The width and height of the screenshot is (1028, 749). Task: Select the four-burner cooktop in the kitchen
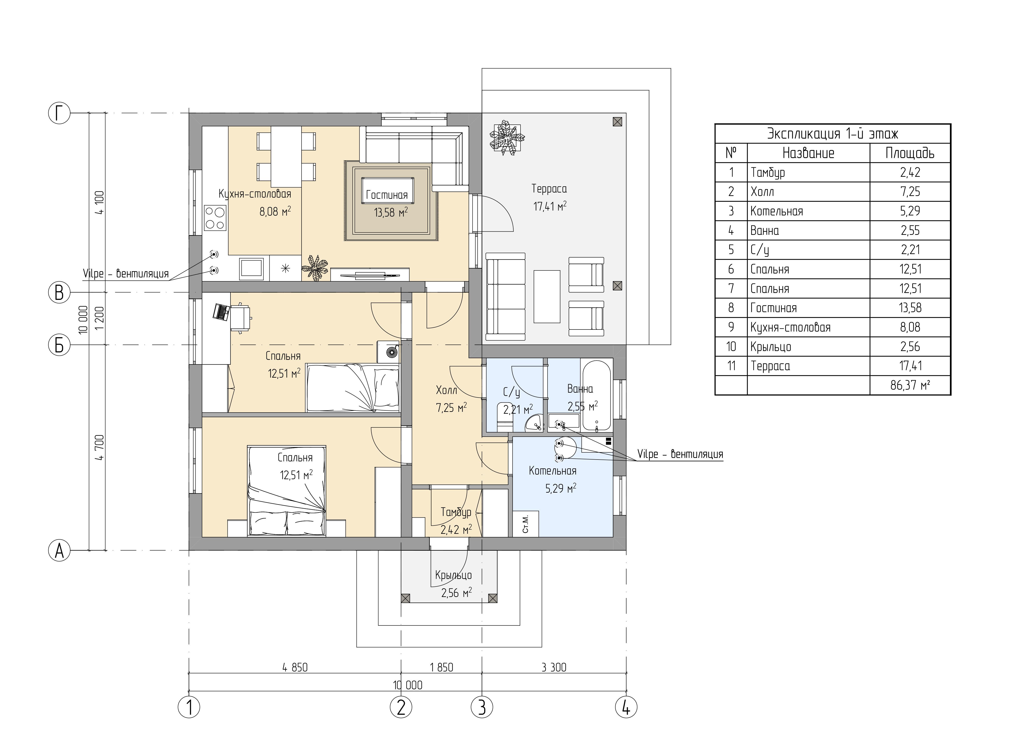[215, 218]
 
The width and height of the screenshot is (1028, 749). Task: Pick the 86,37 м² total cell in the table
[910, 385]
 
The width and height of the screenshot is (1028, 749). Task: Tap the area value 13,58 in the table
[910, 308]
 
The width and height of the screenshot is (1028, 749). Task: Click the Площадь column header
[910, 153]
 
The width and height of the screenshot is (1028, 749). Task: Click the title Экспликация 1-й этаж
[832, 134]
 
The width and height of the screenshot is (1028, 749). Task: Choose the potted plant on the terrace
[507, 137]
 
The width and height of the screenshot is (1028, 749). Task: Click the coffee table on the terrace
[547, 296]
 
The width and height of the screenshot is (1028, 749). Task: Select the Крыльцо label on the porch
[453, 575]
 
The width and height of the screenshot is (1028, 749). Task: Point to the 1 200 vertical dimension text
[100, 318]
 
